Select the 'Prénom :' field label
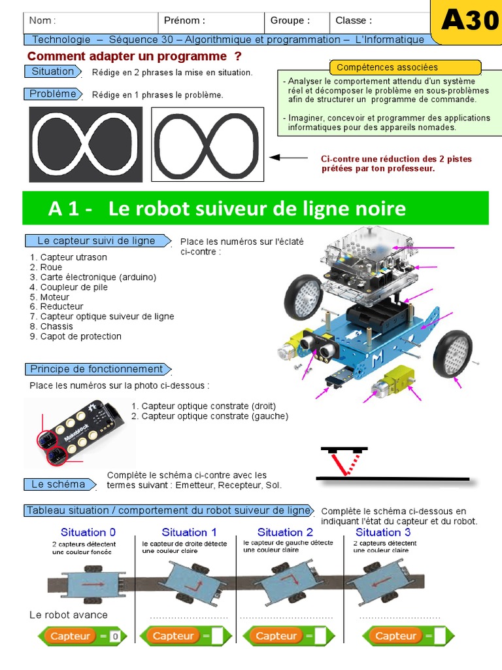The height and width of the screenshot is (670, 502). pyautogui.click(x=184, y=20)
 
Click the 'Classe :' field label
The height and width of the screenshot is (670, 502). pyautogui.click(x=354, y=20)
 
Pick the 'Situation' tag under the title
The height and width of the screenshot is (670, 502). pyautogui.click(x=53, y=71)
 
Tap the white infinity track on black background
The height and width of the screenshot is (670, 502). pyautogui.click(x=86, y=145)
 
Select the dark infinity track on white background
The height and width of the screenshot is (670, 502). pyautogui.click(x=208, y=145)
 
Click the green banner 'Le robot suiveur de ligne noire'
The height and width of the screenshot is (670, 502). pyautogui.click(x=256, y=209)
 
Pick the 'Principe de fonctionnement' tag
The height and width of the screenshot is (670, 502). pyautogui.click(x=97, y=369)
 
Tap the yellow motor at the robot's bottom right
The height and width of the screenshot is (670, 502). pyautogui.click(x=390, y=381)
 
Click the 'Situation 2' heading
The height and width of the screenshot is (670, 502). pyautogui.click(x=285, y=532)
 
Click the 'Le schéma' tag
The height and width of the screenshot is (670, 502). pyautogui.click(x=59, y=485)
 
